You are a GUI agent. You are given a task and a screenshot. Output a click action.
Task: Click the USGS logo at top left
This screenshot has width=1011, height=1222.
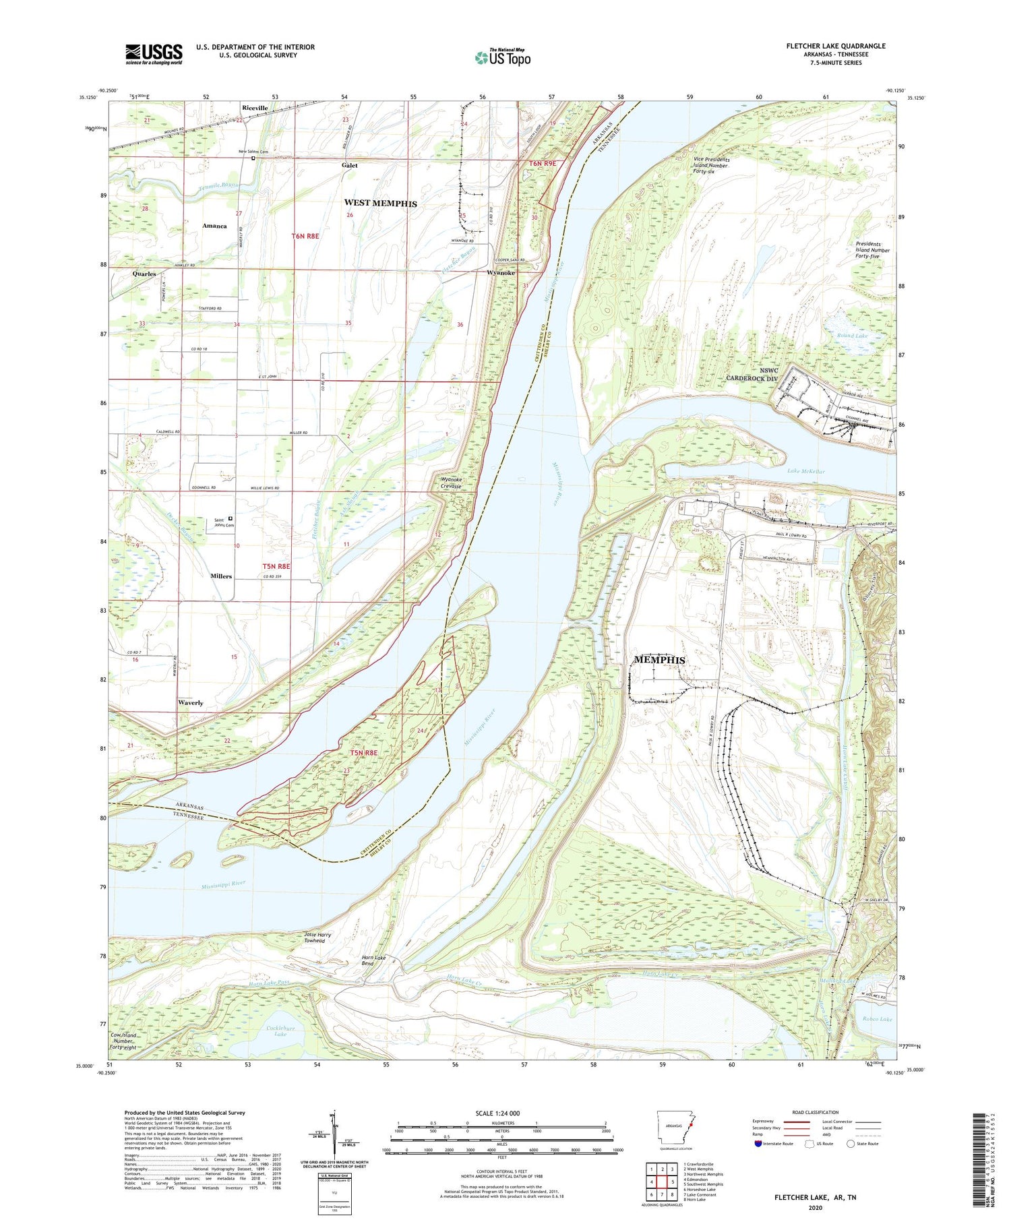point(154,54)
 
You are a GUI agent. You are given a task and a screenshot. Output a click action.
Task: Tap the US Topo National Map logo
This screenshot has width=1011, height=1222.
point(502,57)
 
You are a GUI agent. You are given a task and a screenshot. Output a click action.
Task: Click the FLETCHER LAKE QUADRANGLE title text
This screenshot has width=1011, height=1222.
point(835,46)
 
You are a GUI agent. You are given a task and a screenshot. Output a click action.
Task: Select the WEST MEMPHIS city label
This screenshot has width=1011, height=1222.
point(380,203)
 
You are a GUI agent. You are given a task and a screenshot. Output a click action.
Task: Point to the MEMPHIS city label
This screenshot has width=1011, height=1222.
point(659,660)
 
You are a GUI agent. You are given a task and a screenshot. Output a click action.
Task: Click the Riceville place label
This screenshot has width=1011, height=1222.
point(255,108)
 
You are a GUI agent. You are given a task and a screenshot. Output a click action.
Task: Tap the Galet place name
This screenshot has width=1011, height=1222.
point(349,165)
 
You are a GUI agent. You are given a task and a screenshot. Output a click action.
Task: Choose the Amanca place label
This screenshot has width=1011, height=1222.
point(214,226)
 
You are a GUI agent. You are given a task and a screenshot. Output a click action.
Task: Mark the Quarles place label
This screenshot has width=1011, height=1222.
point(144,274)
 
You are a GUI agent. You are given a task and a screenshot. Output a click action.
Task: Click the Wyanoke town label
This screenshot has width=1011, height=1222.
point(501,273)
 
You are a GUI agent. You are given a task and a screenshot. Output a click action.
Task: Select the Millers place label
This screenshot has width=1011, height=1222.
point(220,576)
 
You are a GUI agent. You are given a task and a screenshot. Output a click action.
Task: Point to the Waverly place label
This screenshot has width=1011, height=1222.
point(191,702)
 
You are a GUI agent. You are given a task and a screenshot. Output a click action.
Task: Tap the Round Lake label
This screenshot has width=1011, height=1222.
point(852,335)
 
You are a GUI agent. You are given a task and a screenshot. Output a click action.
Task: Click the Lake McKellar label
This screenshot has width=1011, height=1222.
point(805,472)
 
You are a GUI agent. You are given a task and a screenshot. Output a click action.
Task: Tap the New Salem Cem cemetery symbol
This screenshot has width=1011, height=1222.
point(253,159)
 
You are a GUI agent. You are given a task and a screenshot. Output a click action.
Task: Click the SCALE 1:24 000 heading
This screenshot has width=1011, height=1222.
point(497,1113)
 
